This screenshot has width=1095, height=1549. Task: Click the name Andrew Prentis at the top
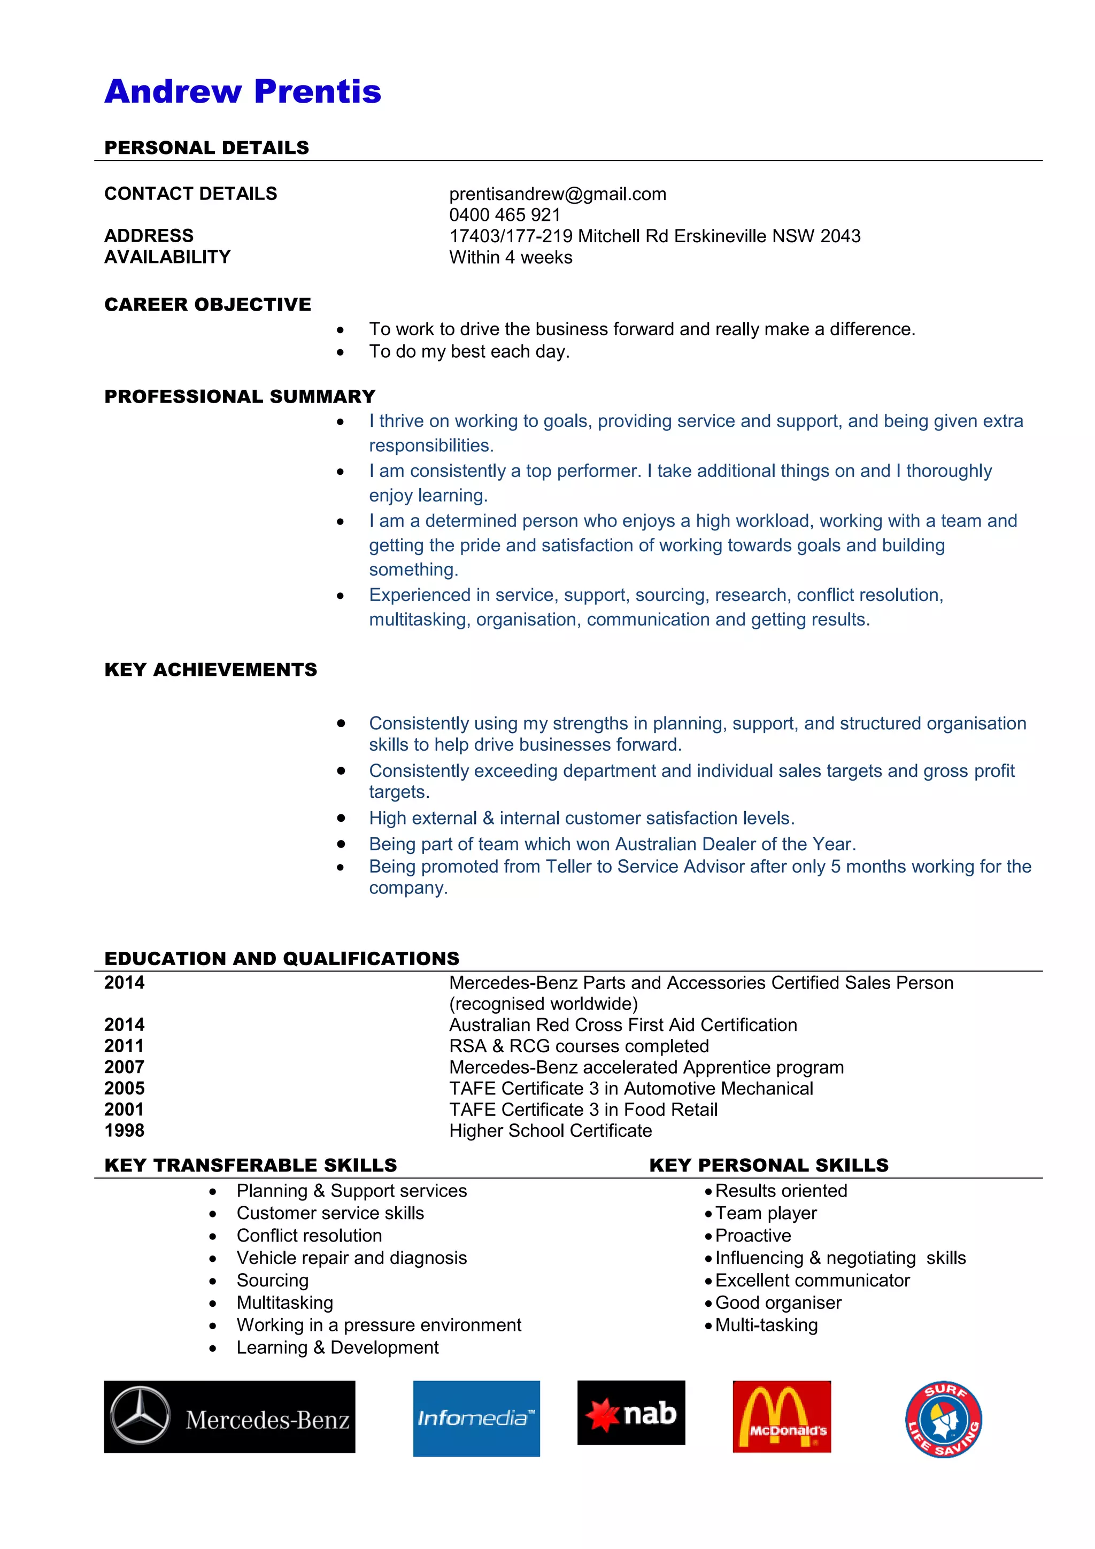[x=242, y=92]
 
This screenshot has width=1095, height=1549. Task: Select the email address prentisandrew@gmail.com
[x=557, y=194]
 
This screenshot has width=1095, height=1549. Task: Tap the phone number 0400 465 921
[x=505, y=215]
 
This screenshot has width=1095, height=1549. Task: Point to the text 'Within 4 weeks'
[x=511, y=258]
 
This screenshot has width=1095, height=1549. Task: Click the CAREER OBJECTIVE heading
[x=208, y=305]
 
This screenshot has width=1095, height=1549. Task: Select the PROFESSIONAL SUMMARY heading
[x=240, y=397]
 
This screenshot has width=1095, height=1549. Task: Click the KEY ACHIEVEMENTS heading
[x=211, y=670]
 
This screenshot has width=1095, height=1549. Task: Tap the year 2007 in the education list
[x=124, y=1067]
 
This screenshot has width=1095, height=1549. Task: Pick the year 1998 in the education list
[x=124, y=1131]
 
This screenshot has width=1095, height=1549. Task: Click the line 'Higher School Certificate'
[x=551, y=1131]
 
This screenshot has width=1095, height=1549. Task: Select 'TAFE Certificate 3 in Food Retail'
[x=583, y=1110]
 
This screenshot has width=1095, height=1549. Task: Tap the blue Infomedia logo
[x=476, y=1418]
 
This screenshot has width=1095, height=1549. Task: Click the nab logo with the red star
[x=631, y=1413]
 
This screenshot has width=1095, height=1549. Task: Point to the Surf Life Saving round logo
[x=943, y=1419]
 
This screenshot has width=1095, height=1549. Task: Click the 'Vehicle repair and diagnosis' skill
[x=351, y=1258]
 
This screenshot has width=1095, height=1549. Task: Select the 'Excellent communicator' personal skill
[x=812, y=1281]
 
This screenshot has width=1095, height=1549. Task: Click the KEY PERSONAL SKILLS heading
[x=768, y=1166]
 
